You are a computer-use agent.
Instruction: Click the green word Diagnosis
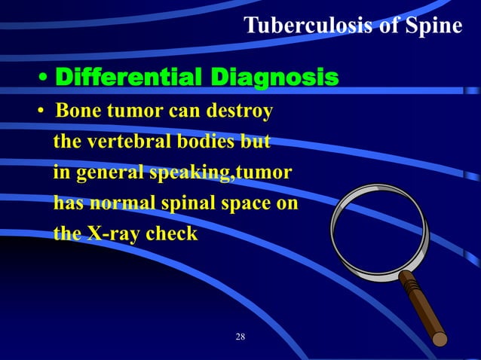pos(274,78)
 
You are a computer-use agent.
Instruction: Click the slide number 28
pos(240,336)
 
